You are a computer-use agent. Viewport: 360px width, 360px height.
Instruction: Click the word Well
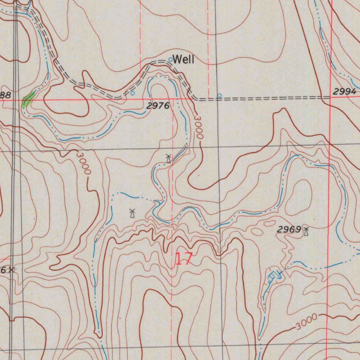tap(183, 60)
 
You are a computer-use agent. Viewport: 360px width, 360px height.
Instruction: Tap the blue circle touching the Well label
tap(171, 59)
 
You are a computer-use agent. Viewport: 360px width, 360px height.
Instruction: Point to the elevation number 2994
tap(344, 92)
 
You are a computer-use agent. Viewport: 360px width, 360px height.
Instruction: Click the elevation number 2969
tap(289, 230)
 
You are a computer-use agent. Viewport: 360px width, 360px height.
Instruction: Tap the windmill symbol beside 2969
tap(306, 231)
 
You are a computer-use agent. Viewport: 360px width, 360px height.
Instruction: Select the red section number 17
tap(184, 259)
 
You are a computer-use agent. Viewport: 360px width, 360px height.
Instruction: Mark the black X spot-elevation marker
tap(12, 270)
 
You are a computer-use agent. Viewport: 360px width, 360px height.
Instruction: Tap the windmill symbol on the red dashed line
tap(168, 158)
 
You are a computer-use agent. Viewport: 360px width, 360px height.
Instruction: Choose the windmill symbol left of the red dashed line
tap(132, 213)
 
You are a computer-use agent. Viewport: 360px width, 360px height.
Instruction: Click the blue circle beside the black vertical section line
tap(219, 96)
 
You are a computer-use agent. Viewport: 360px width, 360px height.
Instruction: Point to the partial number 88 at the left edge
tap(6, 95)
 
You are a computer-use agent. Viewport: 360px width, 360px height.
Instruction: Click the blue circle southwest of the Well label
tap(133, 93)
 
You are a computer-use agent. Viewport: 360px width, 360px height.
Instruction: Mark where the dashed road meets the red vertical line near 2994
tap(330, 97)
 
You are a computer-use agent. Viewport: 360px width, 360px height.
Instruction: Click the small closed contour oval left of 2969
tap(258, 231)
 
